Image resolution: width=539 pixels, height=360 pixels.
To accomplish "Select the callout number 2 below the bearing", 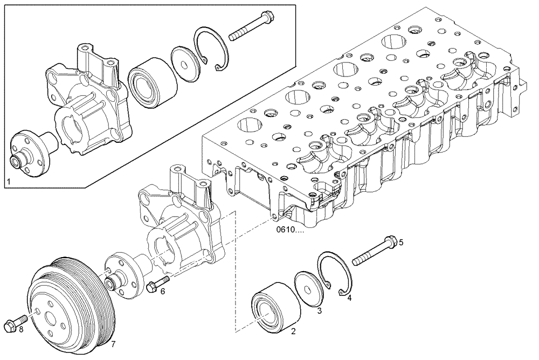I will pos(293,331).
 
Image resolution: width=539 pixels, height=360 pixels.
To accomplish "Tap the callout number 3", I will pos(319,311).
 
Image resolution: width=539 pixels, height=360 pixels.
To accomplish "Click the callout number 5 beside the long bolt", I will pos(400,242).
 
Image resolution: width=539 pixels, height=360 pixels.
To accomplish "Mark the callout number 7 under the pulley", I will pos(114,343).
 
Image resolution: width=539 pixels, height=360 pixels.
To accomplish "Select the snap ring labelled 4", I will pos(335,273).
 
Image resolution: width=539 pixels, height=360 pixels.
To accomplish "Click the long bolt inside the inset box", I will pos(251,27).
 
